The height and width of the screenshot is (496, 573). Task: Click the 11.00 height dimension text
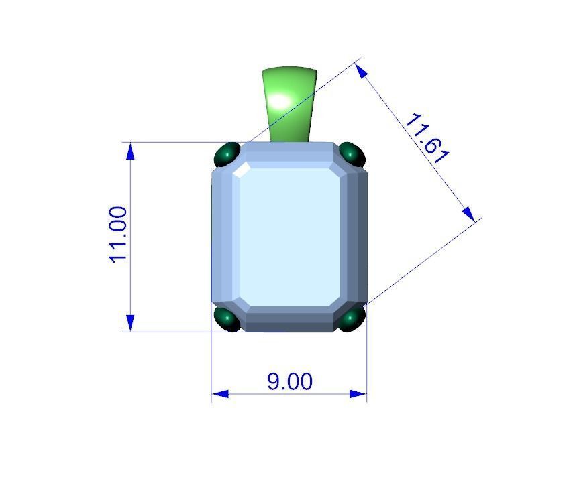(x=118, y=235)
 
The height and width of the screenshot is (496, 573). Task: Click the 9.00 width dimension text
(x=290, y=381)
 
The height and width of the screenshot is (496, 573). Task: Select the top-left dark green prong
(x=227, y=155)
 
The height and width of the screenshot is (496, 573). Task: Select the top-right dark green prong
(x=352, y=154)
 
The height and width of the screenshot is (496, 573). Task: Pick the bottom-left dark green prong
(x=227, y=319)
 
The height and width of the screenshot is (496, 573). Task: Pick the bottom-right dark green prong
(x=351, y=319)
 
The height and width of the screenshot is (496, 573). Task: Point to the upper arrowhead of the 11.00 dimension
(x=130, y=150)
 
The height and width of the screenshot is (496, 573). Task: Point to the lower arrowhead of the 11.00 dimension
(x=130, y=323)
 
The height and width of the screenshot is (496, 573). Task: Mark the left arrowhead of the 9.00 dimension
(x=220, y=394)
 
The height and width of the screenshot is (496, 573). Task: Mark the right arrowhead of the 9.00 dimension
(x=359, y=394)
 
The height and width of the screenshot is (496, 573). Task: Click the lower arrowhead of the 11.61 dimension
(x=469, y=214)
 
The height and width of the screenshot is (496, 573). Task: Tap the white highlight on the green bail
(x=280, y=103)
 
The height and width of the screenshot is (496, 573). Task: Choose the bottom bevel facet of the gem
(x=290, y=318)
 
